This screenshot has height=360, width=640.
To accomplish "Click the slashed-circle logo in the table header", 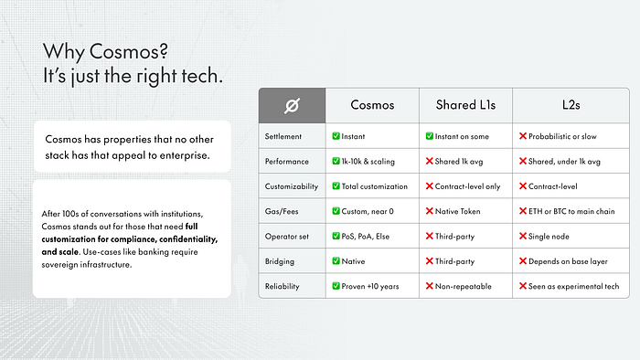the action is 293,106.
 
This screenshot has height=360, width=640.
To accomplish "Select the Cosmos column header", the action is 372,105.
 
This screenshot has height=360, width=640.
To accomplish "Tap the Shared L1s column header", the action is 465,105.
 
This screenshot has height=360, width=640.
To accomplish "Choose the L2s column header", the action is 571,105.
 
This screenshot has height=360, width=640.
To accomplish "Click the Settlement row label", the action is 283,136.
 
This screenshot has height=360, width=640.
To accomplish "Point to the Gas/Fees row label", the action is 282,212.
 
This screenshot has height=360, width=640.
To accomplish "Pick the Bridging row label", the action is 280,261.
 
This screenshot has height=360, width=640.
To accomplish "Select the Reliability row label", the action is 282,286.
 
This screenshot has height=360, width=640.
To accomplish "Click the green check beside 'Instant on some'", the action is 430,136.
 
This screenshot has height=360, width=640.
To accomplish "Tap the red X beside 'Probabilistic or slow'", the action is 523,136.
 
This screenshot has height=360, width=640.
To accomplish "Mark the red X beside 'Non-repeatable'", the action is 430,286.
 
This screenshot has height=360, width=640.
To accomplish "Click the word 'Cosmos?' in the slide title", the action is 129,51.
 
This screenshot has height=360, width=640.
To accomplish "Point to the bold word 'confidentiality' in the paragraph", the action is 188,239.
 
